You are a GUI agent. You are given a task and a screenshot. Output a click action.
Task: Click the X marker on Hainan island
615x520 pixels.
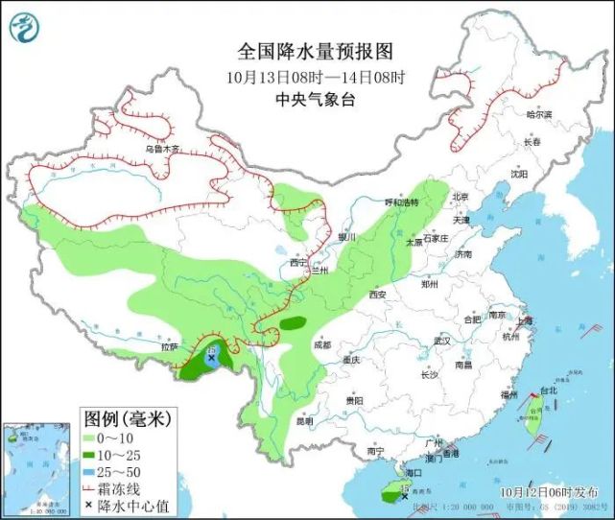point(405,495)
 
